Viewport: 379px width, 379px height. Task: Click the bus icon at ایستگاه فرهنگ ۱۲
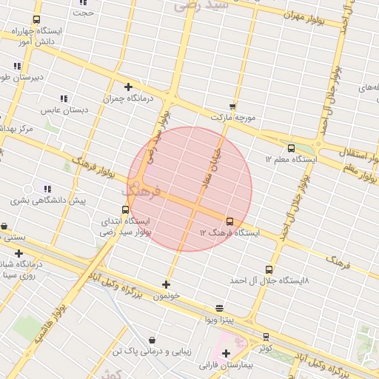tap(229, 221)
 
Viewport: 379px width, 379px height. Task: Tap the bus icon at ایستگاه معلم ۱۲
tap(290, 148)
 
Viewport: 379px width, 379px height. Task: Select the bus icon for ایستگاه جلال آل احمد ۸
tap(268, 270)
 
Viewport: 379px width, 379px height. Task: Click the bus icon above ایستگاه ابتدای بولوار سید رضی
tap(125, 209)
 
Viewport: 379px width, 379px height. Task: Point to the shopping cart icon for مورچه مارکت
tap(232, 107)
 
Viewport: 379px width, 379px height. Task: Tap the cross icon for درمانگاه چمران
tap(128, 87)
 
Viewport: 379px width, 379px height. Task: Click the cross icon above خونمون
tap(166, 284)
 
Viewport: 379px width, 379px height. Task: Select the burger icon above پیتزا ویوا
tap(219, 308)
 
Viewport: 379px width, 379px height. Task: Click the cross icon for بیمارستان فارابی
tap(226, 353)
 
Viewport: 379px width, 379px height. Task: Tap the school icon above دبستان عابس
tap(64, 98)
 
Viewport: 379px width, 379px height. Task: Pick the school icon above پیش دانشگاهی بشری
tap(47, 189)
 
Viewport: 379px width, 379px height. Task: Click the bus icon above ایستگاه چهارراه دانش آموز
tap(36, 20)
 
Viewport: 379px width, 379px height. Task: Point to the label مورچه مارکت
tap(232, 118)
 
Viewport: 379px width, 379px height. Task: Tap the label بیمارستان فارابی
tap(226, 365)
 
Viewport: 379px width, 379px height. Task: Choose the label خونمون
tap(166, 296)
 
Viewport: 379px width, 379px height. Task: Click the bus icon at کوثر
tap(266, 337)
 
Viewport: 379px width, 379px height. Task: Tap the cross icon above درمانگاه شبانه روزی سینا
tap(19, 253)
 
